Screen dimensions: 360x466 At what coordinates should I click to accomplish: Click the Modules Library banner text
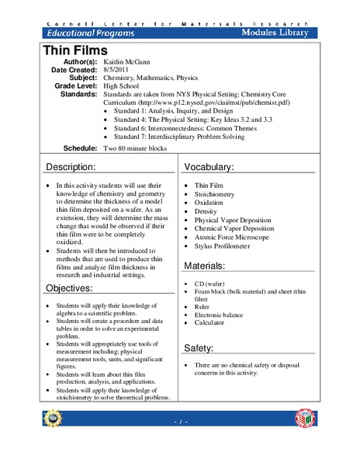(274, 33)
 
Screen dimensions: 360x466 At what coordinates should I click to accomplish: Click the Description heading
(71, 167)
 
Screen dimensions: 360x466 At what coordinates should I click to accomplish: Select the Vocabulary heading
(213, 167)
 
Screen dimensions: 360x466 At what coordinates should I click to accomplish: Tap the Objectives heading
(69, 288)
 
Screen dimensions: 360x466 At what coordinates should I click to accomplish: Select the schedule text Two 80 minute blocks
(140, 148)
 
